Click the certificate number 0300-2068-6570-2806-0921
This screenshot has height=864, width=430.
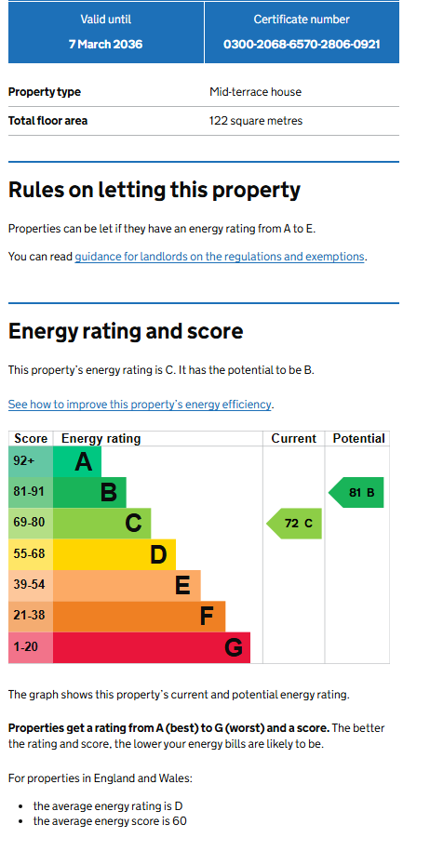(302, 44)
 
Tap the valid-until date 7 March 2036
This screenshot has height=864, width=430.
(106, 44)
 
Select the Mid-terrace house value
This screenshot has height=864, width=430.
(255, 92)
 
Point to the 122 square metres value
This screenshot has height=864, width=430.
(256, 121)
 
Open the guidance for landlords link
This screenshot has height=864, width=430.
(220, 257)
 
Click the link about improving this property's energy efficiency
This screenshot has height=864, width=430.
(140, 405)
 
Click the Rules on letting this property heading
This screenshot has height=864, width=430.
(155, 190)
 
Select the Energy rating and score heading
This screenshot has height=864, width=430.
(126, 331)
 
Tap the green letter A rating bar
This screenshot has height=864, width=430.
(77, 461)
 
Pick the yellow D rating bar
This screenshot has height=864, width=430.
(114, 554)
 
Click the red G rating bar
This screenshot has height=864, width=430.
(152, 647)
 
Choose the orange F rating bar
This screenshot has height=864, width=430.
(139, 617)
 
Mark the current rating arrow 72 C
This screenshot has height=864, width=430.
(294, 524)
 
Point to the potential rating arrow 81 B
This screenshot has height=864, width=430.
(356, 493)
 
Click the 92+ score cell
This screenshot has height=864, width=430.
(31, 461)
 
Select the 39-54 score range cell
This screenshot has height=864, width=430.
(31, 585)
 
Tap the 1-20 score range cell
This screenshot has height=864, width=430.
(31, 647)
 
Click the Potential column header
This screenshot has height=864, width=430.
(358, 439)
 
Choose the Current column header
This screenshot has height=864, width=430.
(294, 439)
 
